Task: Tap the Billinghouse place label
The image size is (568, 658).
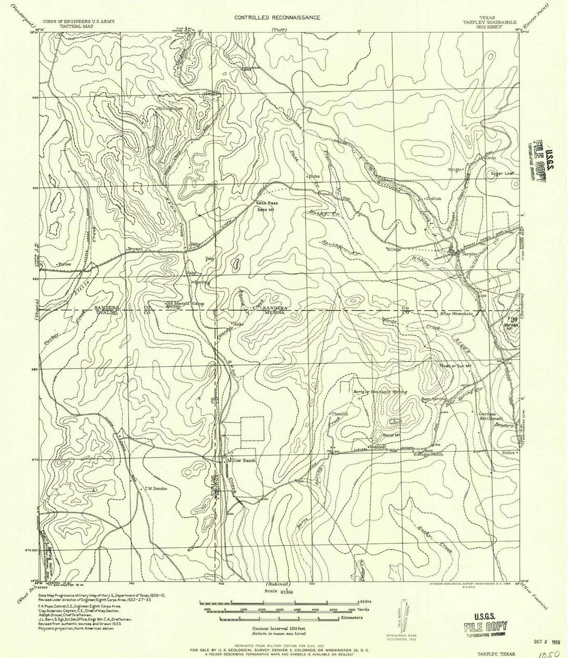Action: click(x=170, y=109)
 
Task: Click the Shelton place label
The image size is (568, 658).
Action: click(x=433, y=198)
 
